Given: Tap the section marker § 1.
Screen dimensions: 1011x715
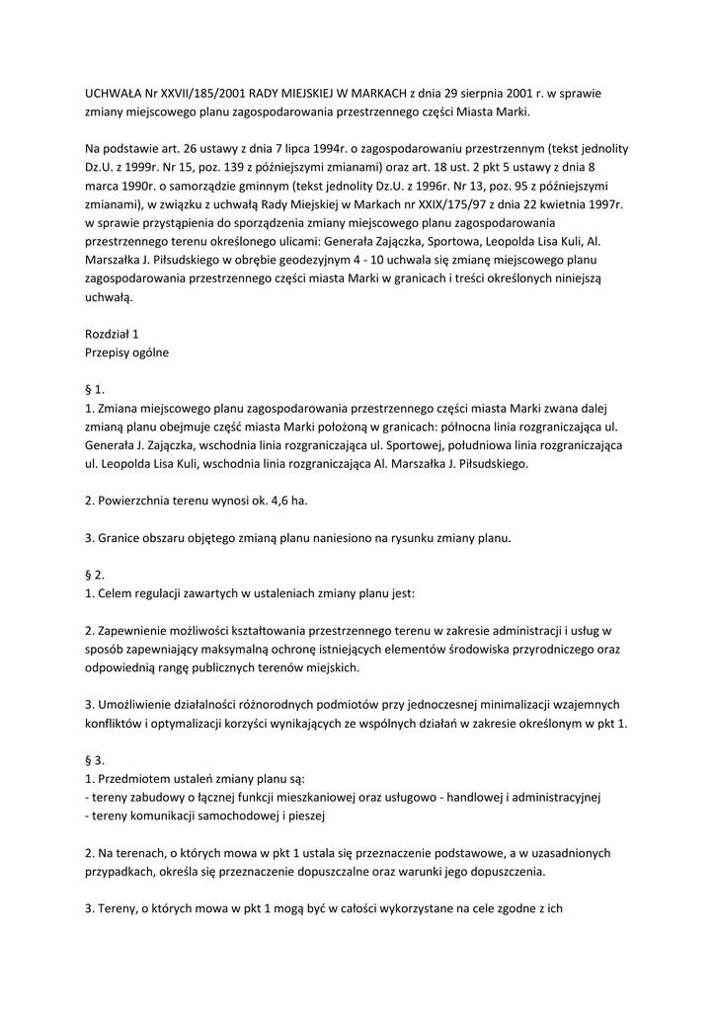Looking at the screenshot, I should (x=95, y=389).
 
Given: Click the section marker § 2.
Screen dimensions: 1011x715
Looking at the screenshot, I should (x=95, y=575).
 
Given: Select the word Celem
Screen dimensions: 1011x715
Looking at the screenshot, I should (x=117, y=593).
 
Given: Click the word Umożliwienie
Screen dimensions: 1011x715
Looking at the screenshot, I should (x=135, y=704).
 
